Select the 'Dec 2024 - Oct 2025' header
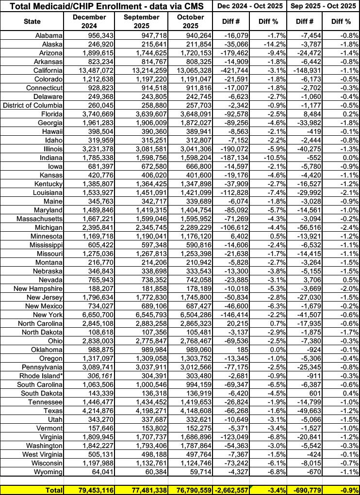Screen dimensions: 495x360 click(249, 6)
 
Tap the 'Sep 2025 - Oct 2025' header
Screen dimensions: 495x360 click(324, 6)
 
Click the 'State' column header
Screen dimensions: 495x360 click(33, 22)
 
